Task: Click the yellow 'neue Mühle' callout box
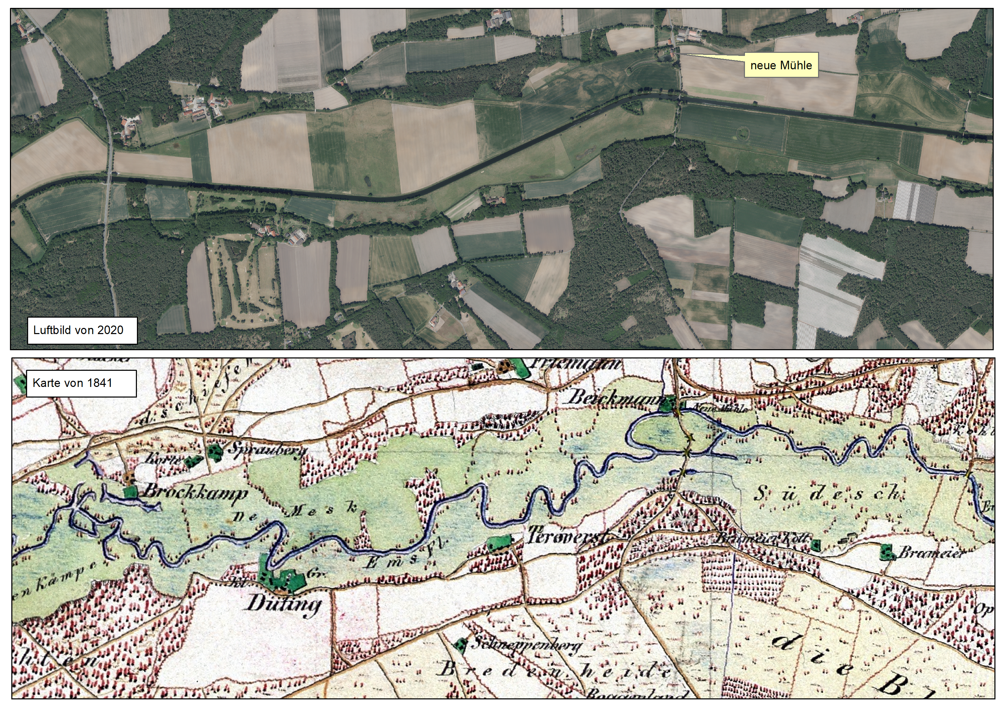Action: pos(781,66)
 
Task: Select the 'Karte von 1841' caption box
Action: pos(81,383)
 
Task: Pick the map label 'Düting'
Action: pos(284,605)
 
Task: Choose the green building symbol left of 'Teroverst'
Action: pos(499,543)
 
